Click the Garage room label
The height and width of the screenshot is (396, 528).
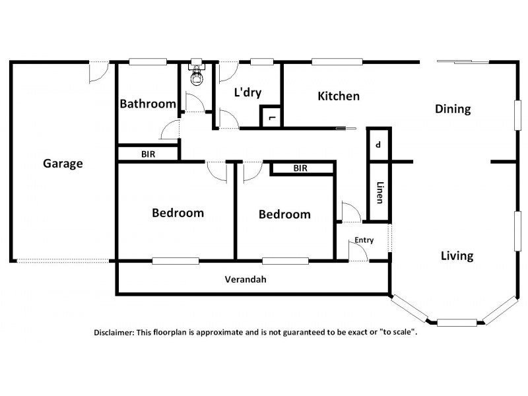click(63, 164)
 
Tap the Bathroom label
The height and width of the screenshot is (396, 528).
click(148, 104)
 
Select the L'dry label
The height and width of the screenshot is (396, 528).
click(247, 93)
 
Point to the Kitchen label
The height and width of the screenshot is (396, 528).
click(339, 96)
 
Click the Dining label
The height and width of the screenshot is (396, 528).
click(453, 110)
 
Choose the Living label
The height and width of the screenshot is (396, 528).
click(457, 256)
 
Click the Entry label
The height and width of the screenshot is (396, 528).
click(364, 240)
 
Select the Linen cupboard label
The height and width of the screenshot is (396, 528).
click(379, 193)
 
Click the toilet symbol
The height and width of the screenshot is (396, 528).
click(195, 75)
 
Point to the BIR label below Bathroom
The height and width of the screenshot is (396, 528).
click(148, 154)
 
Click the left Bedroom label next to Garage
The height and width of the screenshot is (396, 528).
click(178, 213)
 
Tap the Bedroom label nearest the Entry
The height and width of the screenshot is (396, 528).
click(284, 214)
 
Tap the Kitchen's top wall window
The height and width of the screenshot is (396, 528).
click(337, 63)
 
